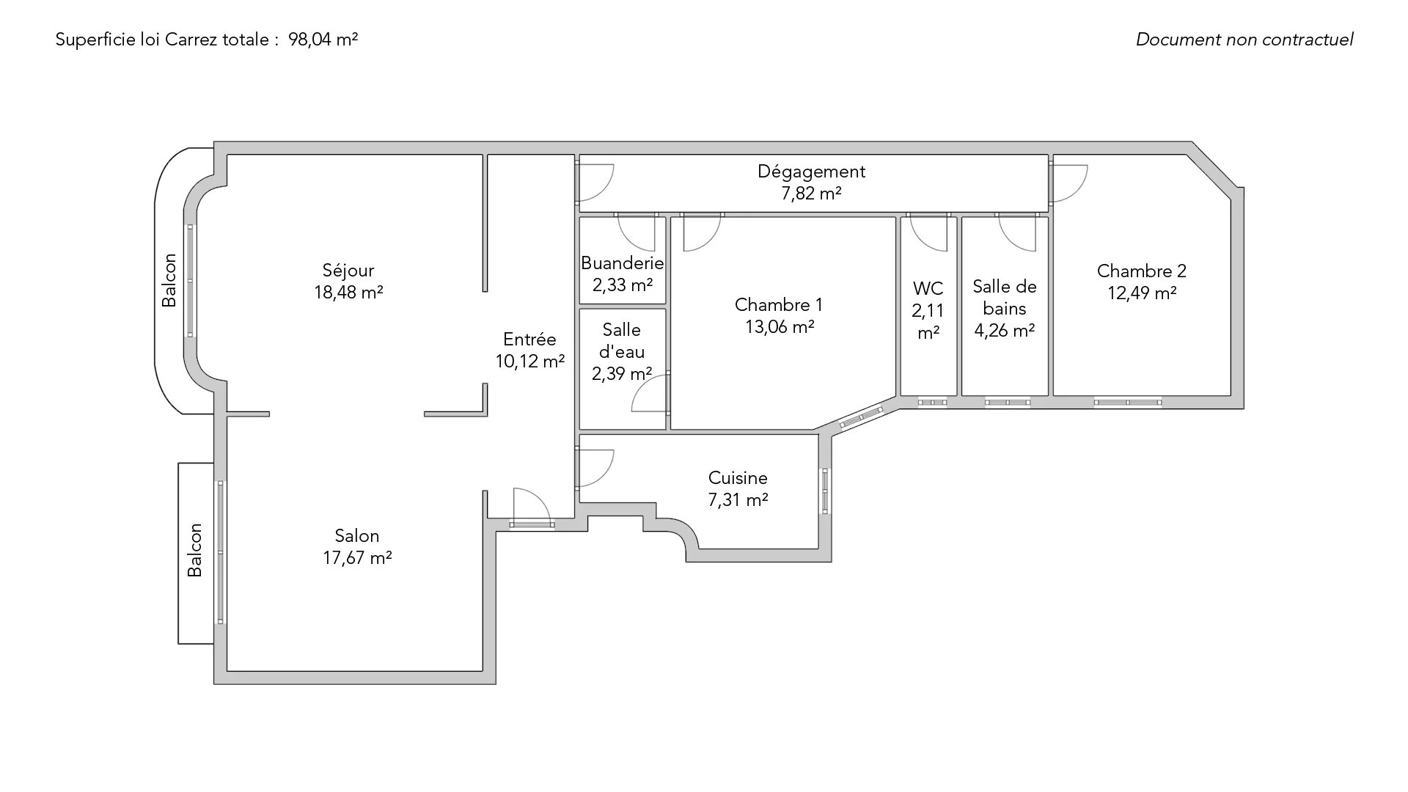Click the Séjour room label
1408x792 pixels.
(348, 271)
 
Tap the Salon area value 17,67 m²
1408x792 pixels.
(357, 558)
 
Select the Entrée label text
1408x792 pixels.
(529, 340)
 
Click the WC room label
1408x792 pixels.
(928, 288)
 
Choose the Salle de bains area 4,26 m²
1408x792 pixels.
(1004, 331)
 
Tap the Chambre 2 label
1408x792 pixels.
(1142, 271)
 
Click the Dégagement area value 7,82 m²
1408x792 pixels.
(811, 194)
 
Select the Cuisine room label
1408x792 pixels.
(738, 478)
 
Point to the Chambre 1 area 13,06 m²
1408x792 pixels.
(780, 327)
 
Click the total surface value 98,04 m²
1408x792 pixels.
(323, 40)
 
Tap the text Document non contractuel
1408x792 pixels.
(1244, 40)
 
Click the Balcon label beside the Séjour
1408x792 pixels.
(169, 280)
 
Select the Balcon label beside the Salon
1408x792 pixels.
(194, 550)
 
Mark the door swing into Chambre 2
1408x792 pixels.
(1069, 183)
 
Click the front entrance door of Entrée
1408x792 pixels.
(531, 507)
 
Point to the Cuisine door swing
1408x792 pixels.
(595, 469)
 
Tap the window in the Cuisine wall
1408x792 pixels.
(825, 491)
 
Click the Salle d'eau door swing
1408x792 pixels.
(650, 392)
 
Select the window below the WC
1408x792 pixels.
(932, 402)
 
